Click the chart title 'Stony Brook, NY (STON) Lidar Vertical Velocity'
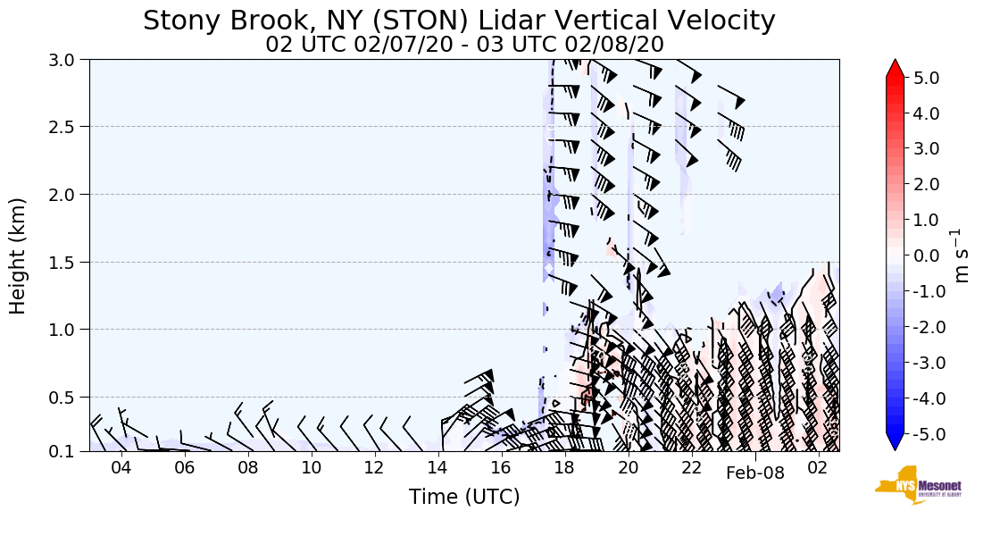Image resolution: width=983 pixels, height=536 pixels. coord(459,21)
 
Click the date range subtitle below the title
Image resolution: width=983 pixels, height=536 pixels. coord(464,45)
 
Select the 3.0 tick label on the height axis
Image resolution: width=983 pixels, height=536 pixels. coord(68,60)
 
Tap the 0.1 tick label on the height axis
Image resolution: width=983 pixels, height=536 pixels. coord(68,451)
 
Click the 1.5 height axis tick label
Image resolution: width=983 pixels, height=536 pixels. coord(68,262)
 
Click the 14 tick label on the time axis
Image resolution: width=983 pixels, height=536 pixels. coord(437,468)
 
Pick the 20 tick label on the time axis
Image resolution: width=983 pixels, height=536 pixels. coord(628,468)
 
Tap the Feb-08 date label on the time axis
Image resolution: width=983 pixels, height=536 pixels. coord(754,473)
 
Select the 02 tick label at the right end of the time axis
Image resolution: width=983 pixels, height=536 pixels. coord(818,468)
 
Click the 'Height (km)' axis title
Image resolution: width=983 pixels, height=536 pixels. coord(19,255)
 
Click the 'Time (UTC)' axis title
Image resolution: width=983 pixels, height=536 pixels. coord(464,498)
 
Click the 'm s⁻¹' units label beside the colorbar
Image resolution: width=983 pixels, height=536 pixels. coord(962,255)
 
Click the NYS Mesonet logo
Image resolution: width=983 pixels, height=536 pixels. coord(918,485)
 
